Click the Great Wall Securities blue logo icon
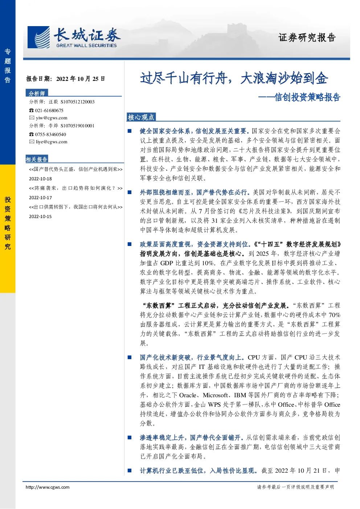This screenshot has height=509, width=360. click(x=38, y=37)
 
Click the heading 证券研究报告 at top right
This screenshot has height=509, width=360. click(x=307, y=38)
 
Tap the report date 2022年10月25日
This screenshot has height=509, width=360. click(x=81, y=79)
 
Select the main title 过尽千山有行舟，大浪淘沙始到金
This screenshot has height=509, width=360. click(x=234, y=78)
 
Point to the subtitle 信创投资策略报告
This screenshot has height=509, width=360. click(x=307, y=97)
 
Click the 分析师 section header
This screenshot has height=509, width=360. click(x=37, y=93)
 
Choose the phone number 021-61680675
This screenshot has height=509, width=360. click(x=49, y=111)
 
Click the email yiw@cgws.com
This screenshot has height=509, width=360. click(x=52, y=118)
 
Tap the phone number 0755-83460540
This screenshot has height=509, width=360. click(x=50, y=135)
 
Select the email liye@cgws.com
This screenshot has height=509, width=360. click(x=52, y=142)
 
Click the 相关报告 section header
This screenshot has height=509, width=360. click(x=37, y=159)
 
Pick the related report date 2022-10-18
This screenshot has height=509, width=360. click(x=40, y=179)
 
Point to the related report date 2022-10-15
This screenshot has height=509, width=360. click(x=40, y=217)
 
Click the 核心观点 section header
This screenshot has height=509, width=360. click(x=141, y=117)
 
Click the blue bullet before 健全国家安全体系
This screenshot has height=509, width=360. click(x=130, y=131)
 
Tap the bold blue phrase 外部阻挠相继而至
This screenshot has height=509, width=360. click(x=165, y=193)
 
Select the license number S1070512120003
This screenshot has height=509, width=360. click(x=78, y=102)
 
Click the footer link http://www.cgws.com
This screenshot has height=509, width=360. click(x=48, y=487)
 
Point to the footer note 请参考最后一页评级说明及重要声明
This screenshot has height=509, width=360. click(x=295, y=487)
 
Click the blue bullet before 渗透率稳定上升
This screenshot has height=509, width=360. click(x=130, y=438)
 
